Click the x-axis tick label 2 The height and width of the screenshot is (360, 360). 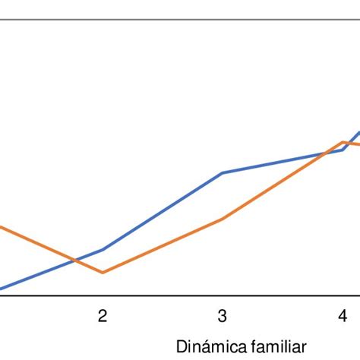tap(102, 315)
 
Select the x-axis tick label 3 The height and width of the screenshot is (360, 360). tap(222, 315)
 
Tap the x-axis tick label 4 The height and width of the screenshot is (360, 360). tap(343, 315)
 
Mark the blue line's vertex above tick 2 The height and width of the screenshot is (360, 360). tap(103, 249)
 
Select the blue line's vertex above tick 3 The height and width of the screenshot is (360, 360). tap(223, 172)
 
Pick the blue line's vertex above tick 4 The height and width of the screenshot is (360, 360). tap(343, 150)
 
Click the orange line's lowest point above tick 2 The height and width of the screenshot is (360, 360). tap(103, 272)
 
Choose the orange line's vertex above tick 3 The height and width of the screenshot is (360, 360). tap(223, 219)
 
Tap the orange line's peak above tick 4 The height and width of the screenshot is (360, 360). tap(343, 142)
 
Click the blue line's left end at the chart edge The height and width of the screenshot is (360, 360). tap(2, 288)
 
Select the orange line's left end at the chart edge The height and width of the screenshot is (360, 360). tap(2, 226)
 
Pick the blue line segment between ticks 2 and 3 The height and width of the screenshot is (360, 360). tap(163, 211)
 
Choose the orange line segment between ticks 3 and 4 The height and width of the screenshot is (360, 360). tap(283, 181)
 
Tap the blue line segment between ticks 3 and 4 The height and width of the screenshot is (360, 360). tap(283, 161)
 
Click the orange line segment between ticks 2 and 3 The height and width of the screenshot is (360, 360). tap(163, 245)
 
